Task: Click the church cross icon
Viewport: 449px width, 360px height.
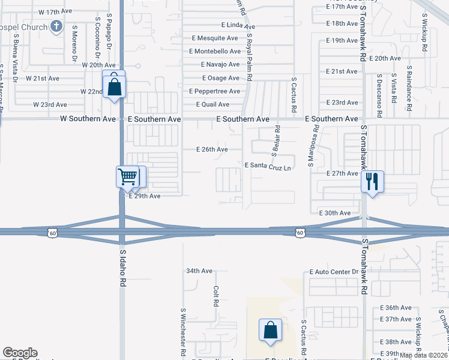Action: click(56, 26)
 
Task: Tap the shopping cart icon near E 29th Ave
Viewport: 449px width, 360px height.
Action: click(127, 176)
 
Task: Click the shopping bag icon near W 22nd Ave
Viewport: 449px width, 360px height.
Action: click(113, 87)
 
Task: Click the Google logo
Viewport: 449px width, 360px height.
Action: click(20, 353)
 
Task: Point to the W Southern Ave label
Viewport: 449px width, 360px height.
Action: click(88, 119)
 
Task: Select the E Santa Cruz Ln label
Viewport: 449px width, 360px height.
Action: click(268, 165)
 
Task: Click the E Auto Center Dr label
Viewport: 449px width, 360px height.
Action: click(334, 272)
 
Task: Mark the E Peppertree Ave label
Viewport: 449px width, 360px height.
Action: click(214, 91)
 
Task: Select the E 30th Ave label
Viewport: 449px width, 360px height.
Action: click(335, 213)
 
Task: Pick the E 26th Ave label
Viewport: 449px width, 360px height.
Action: click(212, 149)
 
